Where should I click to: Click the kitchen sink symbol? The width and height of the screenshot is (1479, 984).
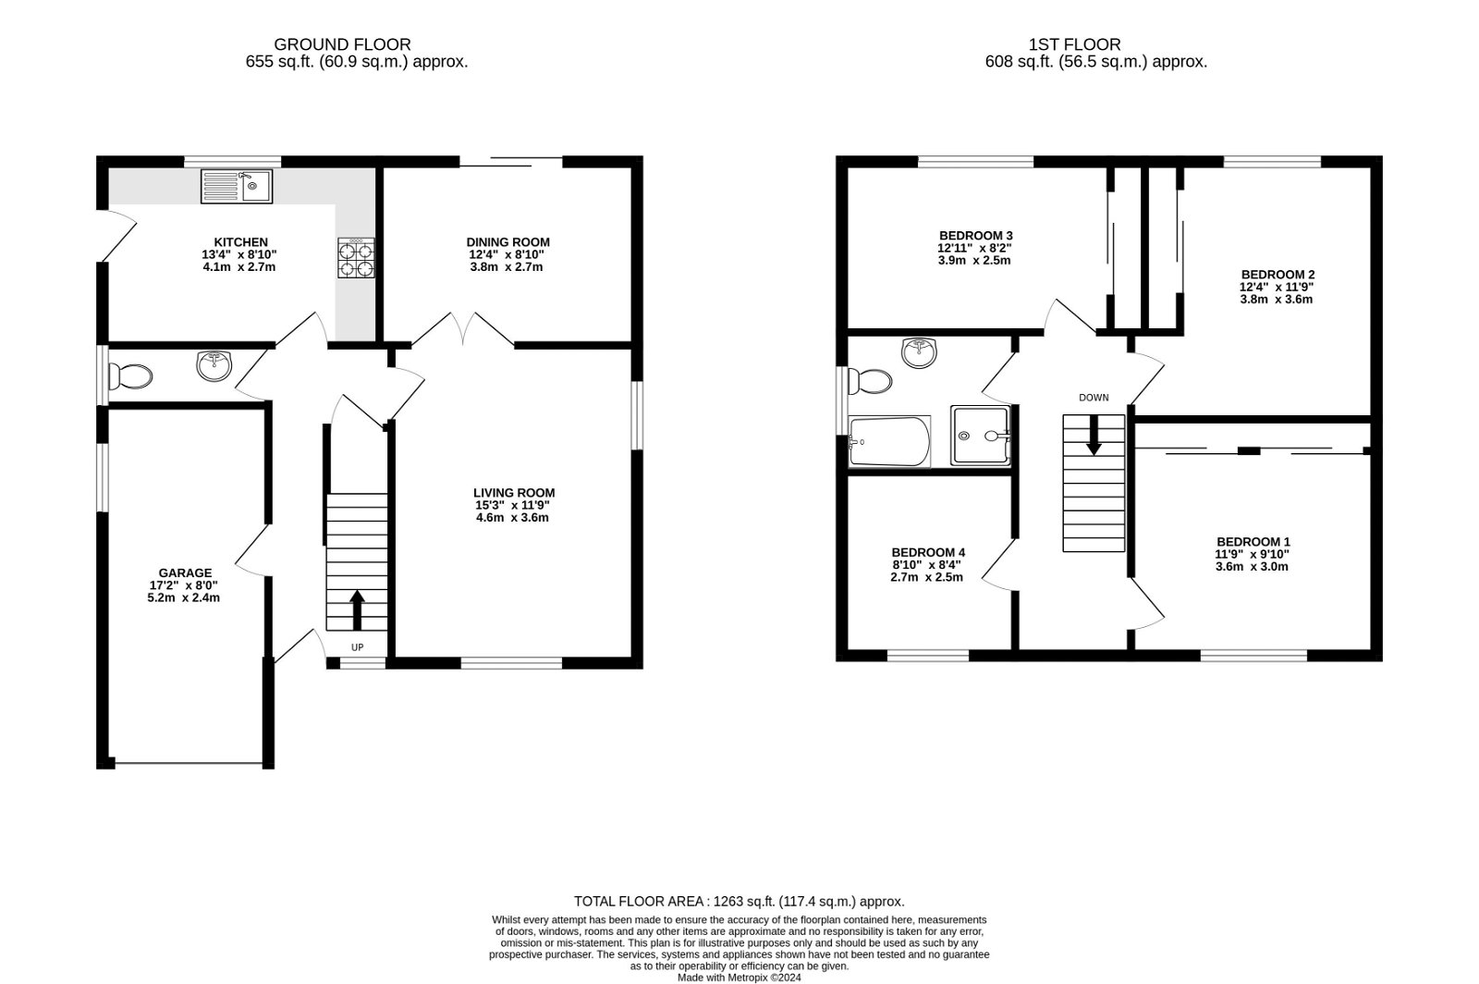coord(237,186)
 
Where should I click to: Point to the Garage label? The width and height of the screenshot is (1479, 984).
coord(185,572)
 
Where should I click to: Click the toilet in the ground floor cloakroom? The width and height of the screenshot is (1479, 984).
coord(130,376)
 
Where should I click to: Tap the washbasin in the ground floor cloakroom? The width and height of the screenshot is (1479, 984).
coord(215,366)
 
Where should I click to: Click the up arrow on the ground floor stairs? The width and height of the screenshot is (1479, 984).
coord(357,610)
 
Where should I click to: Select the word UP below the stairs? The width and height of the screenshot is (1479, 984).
coord(357,647)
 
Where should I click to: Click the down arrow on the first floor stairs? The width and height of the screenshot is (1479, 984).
coord(1094,435)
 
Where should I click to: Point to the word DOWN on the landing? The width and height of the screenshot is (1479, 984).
coord(1094,398)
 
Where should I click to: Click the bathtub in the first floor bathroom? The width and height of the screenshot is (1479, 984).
coord(888,442)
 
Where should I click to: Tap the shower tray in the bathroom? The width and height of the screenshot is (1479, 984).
coord(982,436)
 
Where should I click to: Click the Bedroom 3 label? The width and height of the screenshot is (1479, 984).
coord(975,235)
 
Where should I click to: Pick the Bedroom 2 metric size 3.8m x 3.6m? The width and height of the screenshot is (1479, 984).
coord(1277,299)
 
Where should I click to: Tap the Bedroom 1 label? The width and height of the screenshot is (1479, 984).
coord(1253,542)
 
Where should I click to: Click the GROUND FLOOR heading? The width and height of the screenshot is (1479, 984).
coord(342,44)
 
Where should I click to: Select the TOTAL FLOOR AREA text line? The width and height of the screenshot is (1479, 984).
coord(739,901)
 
